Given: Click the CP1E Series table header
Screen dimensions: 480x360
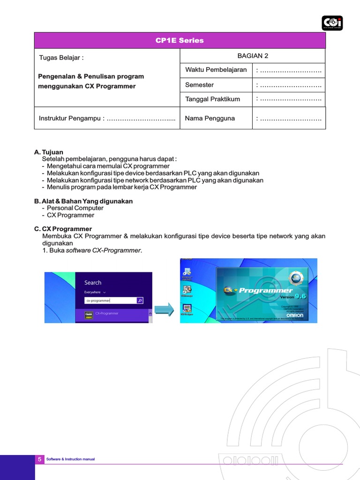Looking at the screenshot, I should tap(180, 40).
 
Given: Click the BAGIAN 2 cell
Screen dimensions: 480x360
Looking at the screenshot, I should tap(253, 56).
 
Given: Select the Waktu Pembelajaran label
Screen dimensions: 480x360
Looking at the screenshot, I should tap(216, 70).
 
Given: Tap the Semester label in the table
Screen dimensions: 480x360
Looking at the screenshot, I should tap(199, 85).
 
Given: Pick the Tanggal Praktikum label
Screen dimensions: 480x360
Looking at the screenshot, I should tap(212, 99).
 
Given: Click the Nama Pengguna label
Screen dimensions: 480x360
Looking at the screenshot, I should tap(210, 119).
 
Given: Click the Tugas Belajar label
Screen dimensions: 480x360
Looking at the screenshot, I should tap(61, 58).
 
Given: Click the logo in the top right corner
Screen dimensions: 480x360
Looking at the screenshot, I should tap(332, 23).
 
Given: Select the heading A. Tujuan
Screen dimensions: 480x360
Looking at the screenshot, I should tap(49, 152).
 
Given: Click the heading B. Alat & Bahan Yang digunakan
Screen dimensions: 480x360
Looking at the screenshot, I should tap(83, 201).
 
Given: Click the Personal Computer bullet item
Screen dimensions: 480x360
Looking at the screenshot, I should tap(75, 208).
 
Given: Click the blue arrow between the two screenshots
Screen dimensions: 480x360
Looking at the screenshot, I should tap(164, 310).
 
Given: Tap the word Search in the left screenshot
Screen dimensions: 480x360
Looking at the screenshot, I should tap(93, 283).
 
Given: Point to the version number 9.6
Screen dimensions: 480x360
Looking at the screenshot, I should tap(300, 296).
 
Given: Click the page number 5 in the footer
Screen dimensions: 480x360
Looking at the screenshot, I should tap(39, 459).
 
